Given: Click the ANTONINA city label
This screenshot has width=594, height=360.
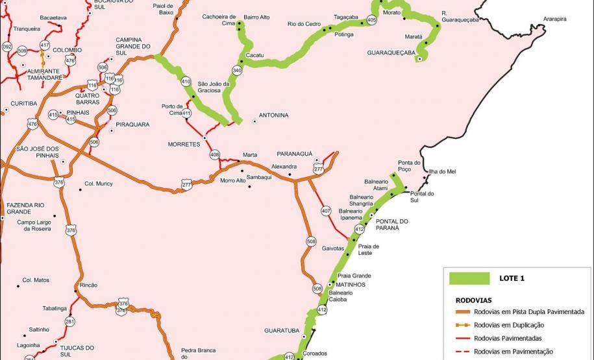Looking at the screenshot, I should pyautogui.click(x=273, y=115).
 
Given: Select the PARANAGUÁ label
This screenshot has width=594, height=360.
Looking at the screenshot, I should pyautogui.click(x=295, y=154).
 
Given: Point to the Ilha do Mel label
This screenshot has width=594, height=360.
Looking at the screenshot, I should pyautogui.click(x=443, y=171).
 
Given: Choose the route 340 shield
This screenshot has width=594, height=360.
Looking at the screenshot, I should pyautogui.click(x=237, y=70).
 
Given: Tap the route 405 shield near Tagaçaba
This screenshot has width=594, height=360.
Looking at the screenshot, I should pyautogui.click(x=371, y=21).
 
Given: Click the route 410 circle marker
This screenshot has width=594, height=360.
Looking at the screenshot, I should pyautogui.click(x=186, y=82).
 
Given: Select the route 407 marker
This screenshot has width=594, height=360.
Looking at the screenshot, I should pyautogui.click(x=326, y=211).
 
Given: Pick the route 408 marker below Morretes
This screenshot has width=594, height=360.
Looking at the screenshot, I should pyautogui.click(x=215, y=154).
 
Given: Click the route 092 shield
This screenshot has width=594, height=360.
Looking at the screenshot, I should pyautogui.click(x=7, y=47).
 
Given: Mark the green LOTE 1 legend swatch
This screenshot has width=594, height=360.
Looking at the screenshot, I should pyautogui.click(x=469, y=278).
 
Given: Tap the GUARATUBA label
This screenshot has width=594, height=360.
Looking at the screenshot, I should pyautogui.click(x=281, y=330).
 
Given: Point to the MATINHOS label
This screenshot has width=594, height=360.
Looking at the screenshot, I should pyautogui.click(x=351, y=284).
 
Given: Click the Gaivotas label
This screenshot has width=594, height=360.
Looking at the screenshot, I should pyautogui.click(x=333, y=248).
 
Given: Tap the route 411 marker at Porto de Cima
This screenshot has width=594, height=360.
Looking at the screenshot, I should pyautogui.click(x=187, y=113).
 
